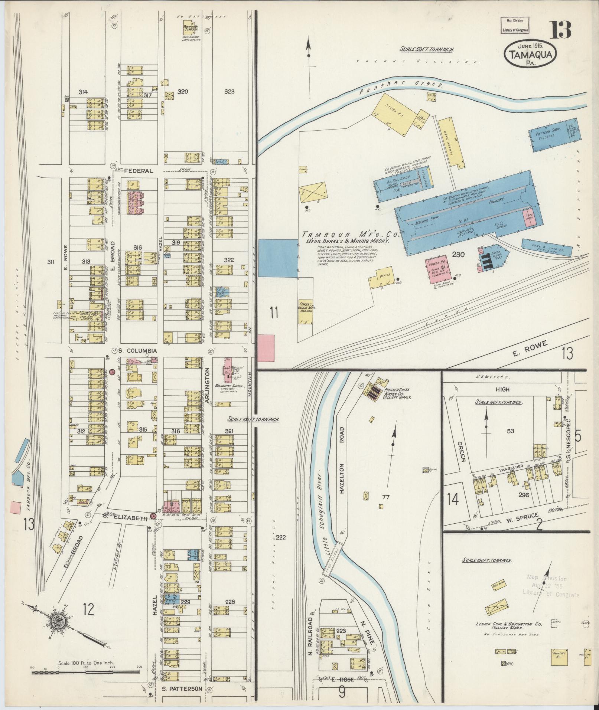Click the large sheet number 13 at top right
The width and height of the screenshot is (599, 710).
coord(560,30)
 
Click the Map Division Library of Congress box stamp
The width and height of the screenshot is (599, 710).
coord(515,26)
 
